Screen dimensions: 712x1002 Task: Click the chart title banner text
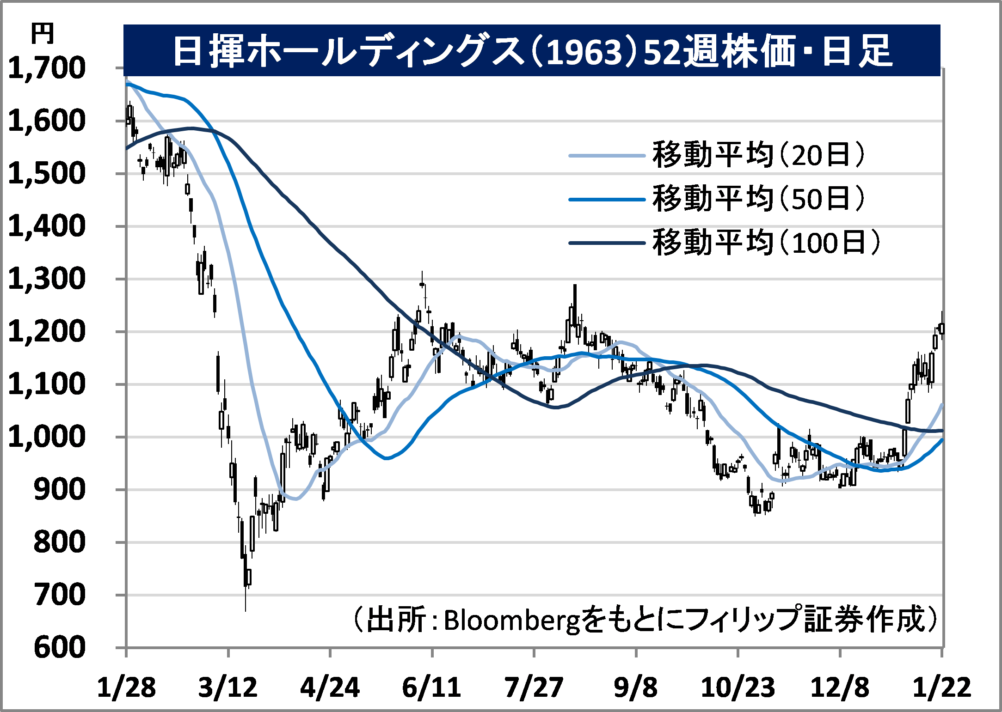point(532,51)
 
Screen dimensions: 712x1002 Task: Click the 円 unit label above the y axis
point(42,34)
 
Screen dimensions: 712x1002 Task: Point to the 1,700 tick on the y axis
point(47,68)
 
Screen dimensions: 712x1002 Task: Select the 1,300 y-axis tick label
point(47,279)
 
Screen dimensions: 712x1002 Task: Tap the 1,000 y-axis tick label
point(47,437)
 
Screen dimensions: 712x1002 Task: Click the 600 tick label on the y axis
point(60,648)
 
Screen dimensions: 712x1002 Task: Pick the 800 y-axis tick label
point(60,542)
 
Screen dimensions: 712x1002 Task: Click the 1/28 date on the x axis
point(126,688)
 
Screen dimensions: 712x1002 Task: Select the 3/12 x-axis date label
point(228,688)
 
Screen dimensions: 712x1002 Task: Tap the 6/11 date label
point(431,688)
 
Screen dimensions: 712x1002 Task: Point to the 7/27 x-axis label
point(534,688)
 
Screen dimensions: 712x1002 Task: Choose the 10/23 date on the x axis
point(738,688)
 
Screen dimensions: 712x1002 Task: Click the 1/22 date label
point(941,688)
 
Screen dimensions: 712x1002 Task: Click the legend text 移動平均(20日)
point(758,155)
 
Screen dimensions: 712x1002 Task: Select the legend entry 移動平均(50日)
point(758,199)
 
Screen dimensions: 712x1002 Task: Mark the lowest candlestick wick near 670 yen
point(246,605)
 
